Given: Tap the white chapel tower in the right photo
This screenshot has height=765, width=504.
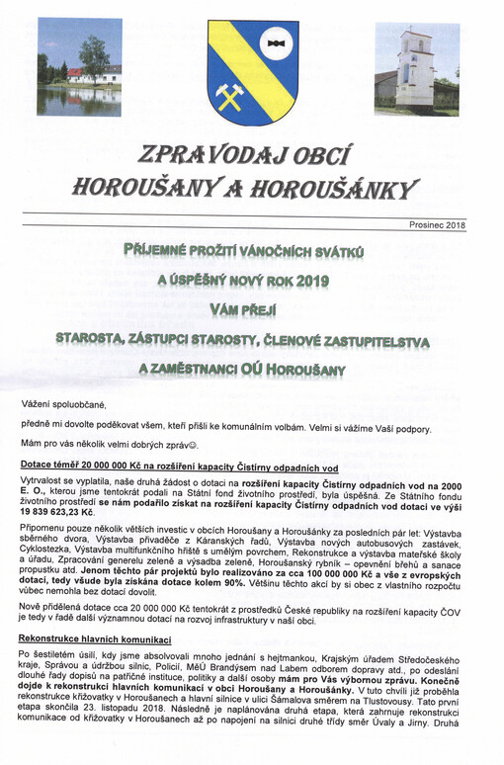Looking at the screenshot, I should (x=415, y=61).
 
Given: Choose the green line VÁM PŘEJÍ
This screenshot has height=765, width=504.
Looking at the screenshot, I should (x=253, y=308).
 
